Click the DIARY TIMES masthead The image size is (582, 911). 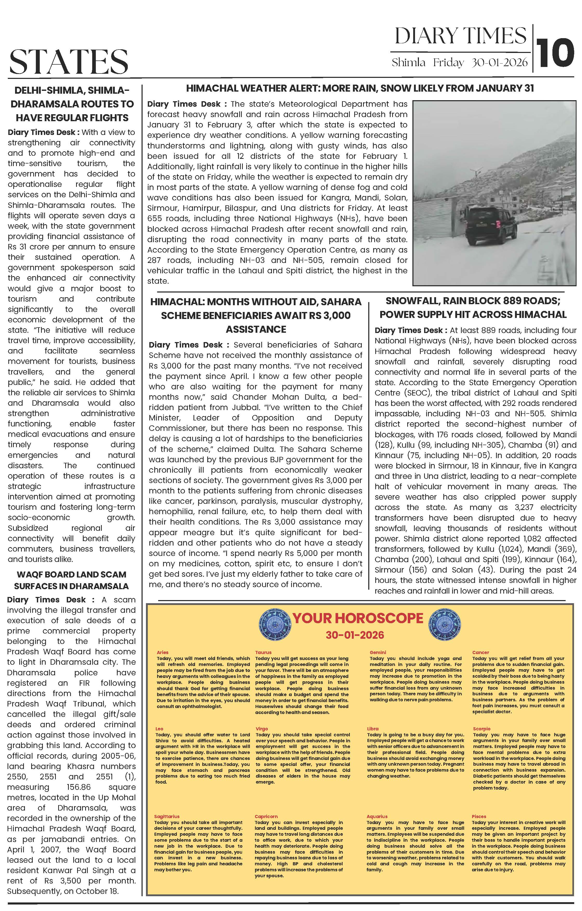[460, 36]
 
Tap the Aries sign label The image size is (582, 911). [162, 652]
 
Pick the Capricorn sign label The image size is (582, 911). [266, 817]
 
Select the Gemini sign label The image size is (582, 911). [378, 652]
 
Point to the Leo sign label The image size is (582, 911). [159, 729]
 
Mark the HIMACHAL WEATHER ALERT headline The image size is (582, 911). [360, 89]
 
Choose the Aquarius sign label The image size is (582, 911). [377, 817]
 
